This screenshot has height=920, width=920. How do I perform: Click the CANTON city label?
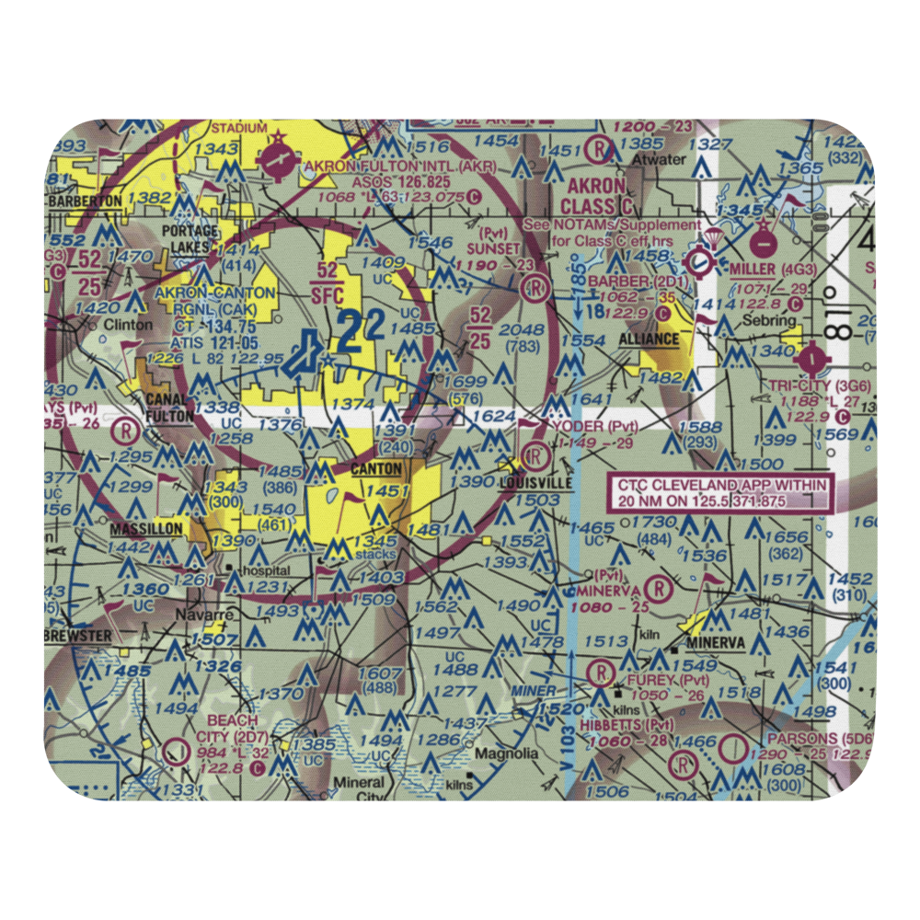(375, 470)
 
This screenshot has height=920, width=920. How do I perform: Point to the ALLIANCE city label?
(648, 339)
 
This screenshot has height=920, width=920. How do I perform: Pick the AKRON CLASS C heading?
(596, 198)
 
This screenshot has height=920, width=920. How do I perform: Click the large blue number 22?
(352, 333)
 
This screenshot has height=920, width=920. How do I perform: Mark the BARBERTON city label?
(86, 200)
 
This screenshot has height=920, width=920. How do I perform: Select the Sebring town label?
(771, 320)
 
